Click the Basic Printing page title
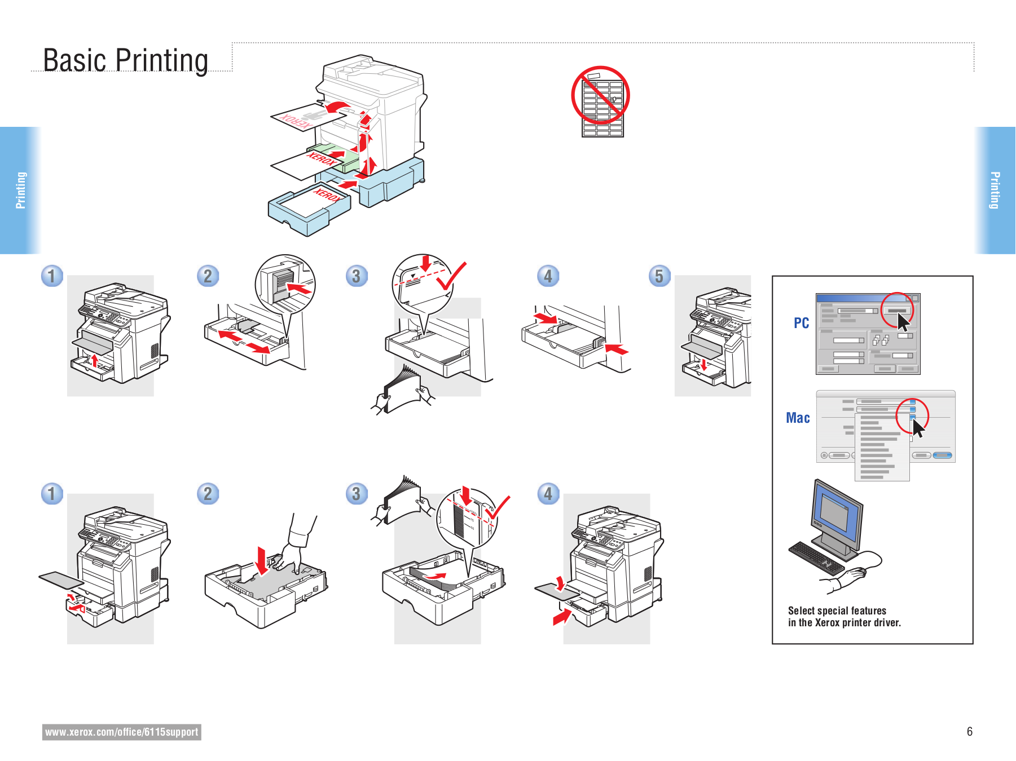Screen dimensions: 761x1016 tap(125, 61)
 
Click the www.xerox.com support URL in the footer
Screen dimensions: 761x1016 tap(121, 732)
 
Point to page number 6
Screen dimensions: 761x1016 tap(969, 732)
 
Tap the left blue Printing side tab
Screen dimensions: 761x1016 tap(20, 191)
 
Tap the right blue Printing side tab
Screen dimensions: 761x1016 tap(995, 191)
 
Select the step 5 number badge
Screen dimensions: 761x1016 tap(659, 276)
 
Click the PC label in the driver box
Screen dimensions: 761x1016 tap(801, 324)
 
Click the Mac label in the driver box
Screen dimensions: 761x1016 tap(798, 418)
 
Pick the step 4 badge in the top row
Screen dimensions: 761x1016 tap(548, 276)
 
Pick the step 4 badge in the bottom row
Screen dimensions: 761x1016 tap(548, 494)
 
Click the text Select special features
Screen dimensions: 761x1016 tap(837, 611)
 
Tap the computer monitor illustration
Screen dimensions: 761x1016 tap(837, 516)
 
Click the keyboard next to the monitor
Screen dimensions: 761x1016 tap(816, 558)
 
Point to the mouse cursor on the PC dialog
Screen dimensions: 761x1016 tap(903, 322)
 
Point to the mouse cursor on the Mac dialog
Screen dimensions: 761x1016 tap(918, 428)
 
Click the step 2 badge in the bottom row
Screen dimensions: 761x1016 tap(208, 494)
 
